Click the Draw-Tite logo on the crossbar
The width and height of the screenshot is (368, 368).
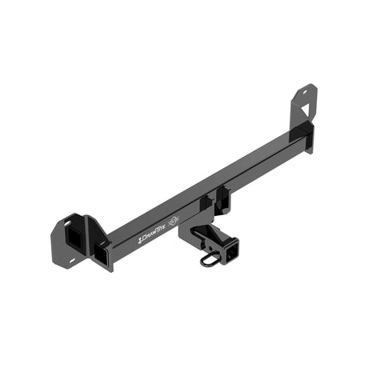point(153,237)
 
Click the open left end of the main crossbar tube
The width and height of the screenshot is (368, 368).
point(102,255)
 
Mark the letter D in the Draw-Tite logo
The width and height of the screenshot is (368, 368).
point(142,240)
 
